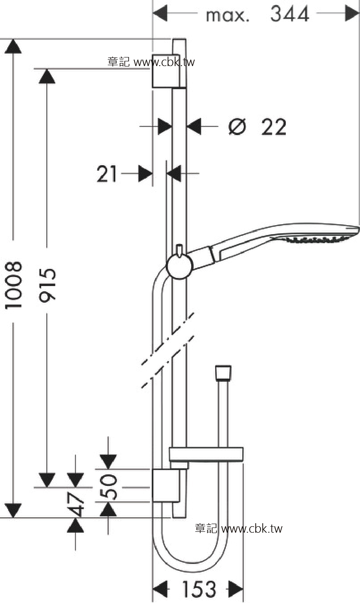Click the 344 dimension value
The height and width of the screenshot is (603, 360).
point(290,14)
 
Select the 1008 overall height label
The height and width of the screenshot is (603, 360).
point(13,285)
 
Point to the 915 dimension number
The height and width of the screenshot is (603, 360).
point(47,285)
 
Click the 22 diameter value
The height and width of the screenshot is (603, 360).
point(273,127)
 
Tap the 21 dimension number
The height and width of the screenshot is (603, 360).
point(107,174)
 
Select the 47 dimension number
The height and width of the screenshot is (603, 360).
point(75,504)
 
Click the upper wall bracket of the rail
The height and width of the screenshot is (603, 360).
point(166,71)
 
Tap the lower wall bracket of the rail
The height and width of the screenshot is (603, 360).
point(166,485)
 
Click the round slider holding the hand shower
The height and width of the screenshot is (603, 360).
point(180,266)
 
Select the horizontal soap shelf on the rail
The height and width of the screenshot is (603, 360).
point(206,455)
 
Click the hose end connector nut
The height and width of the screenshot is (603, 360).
point(223,373)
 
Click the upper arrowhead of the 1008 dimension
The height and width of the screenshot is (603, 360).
point(13,46)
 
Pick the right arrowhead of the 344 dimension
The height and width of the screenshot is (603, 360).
point(352,13)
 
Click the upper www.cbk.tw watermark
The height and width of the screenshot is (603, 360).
point(151,62)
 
